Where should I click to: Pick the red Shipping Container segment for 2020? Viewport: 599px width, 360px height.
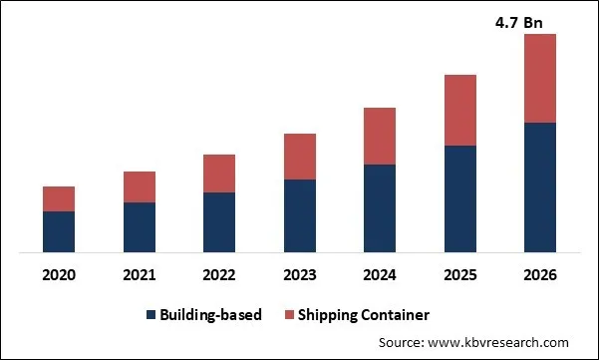59,198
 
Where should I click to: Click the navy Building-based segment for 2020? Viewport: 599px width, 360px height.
59,230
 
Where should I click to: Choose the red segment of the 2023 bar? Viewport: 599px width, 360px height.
300,157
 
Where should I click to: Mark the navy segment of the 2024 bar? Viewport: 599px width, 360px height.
380,207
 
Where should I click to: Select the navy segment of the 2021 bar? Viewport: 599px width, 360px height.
140,226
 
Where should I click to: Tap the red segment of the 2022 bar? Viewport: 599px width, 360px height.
219,174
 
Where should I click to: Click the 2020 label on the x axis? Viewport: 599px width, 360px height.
59,274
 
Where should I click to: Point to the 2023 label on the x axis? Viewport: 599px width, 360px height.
300,274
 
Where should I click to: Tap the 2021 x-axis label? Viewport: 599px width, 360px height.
140,274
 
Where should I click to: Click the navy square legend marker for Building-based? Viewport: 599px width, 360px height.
151,315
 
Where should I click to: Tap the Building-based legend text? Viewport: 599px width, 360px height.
210,315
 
